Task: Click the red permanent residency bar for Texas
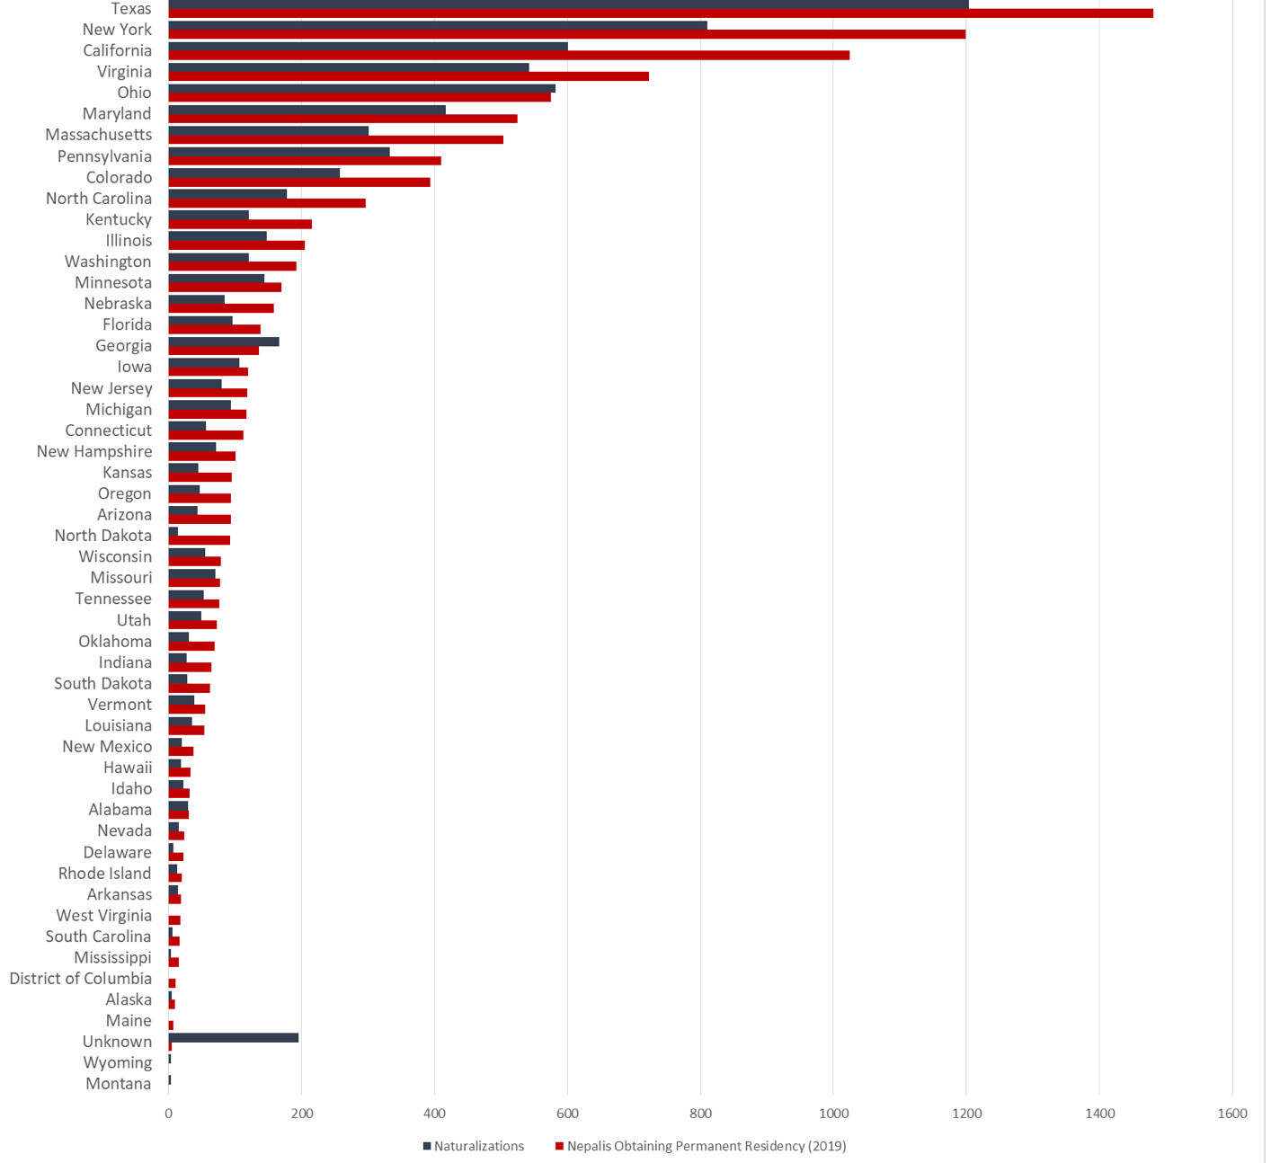[661, 13]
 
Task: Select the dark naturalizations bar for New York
[438, 25]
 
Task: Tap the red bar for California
[509, 56]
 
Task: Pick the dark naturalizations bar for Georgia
[224, 342]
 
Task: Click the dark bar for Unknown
[234, 1037]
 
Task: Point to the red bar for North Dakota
[200, 540]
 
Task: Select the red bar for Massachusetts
[336, 139]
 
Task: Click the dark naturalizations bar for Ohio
[361, 88]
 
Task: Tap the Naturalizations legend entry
[478, 1146]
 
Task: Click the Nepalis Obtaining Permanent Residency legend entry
[707, 1146]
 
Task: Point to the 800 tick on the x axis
[700, 1114]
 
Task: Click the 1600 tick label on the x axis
[1232, 1114]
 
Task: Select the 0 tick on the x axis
[169, 1114]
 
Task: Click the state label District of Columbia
[80, 978]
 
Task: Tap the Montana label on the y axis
[118, 1083]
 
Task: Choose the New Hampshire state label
[94, 451]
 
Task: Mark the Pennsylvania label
[104, 156]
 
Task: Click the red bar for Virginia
[408, 76]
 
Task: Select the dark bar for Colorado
[254, 173]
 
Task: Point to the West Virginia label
[103, 915]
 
